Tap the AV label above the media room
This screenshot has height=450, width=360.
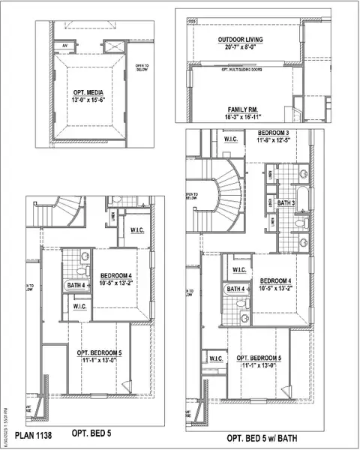point(64,45)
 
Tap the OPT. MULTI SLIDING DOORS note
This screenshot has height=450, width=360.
point(240,68)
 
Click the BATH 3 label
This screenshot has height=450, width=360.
point(286,202)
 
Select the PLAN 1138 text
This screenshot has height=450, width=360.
point(32,433)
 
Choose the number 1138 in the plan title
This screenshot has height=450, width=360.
point(42,433)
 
